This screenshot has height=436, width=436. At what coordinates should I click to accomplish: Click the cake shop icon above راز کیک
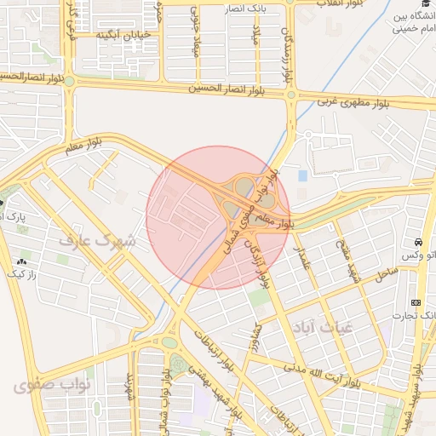20,261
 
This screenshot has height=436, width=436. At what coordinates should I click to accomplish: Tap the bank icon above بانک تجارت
416,302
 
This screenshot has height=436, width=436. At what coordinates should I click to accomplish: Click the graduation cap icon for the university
424,4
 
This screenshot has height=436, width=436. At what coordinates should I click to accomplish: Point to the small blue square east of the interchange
303,175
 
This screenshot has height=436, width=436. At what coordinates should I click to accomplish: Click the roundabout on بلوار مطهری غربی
290,95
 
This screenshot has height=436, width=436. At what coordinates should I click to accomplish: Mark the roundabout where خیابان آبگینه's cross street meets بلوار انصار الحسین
70,82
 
